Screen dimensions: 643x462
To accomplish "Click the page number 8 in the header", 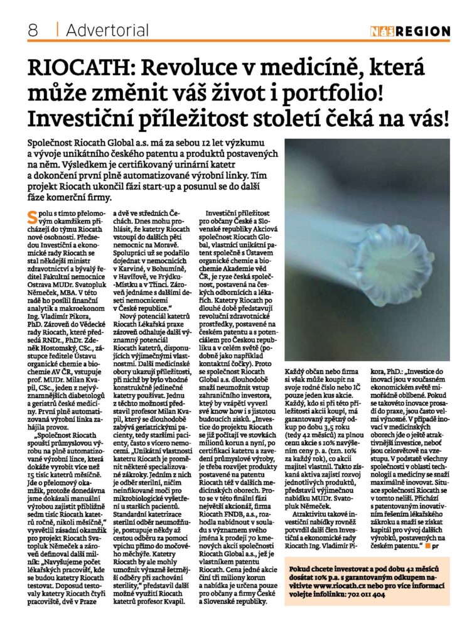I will pyautogui.click(x=33, y=30).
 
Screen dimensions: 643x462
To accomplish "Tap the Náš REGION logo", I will pyautogui.click(x=410, y=31).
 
